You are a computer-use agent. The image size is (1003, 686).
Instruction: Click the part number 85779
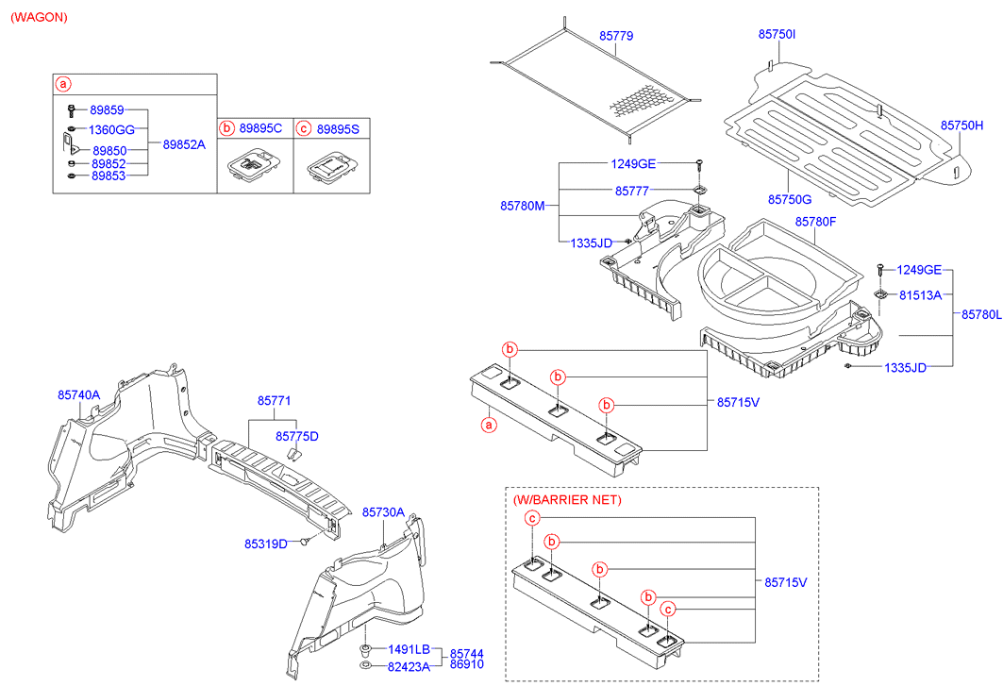coord(616,36)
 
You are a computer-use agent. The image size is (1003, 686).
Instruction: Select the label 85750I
coord(777,34)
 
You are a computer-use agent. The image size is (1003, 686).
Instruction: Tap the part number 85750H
coord(961,125)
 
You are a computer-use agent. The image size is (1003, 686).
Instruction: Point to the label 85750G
coord(790,200)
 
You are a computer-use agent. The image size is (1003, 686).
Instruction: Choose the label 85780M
coord(523,204)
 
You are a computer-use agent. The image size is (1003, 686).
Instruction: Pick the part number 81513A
coord(920,294)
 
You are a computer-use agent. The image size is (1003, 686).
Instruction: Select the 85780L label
coord(981,315)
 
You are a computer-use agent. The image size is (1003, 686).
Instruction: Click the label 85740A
coord(79,395)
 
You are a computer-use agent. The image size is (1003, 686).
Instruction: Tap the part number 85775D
coord(297,436)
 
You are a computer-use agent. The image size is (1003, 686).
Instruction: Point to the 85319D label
coord(265,544)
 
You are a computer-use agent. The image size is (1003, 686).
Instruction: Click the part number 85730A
coord(383,511)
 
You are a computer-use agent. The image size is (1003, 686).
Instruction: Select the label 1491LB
coord(409,649)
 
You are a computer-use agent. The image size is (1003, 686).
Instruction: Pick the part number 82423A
coord(409,666)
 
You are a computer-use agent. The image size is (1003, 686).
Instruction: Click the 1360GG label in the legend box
coord(112,129)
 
